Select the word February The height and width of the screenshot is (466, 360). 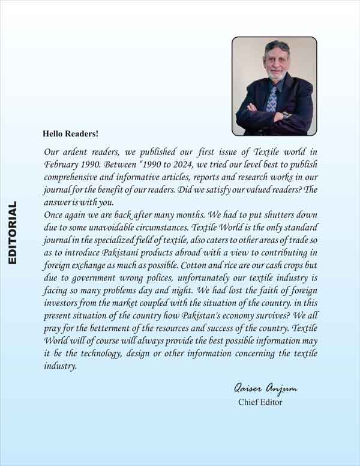click(62, 163)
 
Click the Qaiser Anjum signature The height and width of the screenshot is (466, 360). click(263, 389)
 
